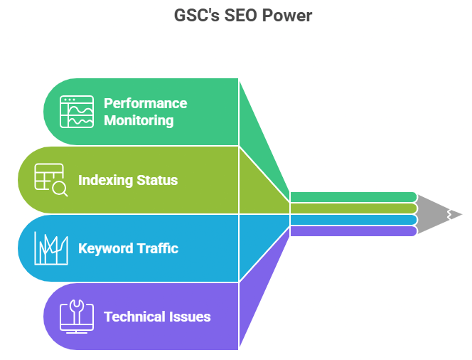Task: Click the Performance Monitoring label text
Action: [x=145, y=112]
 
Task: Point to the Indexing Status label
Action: [x=128, y=180]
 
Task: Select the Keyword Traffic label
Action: [x=128, y=248]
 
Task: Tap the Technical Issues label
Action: [x=157, y=317]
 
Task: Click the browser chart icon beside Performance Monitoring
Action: [x=77, y=112]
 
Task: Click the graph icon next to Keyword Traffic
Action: [x=52, y=248]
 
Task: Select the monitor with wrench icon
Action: [x=77, y=317]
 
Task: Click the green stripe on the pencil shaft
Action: [x=353, y=197]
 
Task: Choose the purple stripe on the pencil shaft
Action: [x=353, y=231]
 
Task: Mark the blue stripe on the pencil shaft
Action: [x=353, y=220]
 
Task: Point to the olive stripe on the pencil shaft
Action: [x=353, y=208]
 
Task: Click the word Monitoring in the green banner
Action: [x=139, y=120]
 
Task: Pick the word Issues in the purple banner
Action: [x=191, y=317]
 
